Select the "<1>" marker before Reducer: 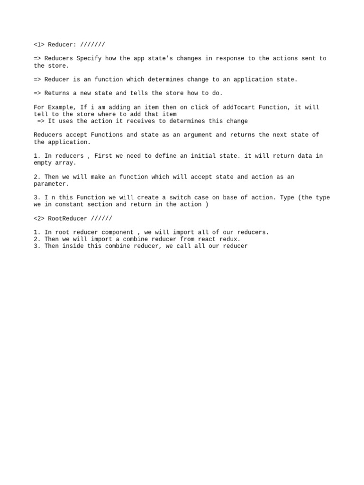tap(39, 45)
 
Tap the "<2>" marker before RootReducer tap(39, 219)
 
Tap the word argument tap(196, 135)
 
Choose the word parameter tap(50, 184)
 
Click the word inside tap(73, 246)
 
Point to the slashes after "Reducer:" tap(92, 45)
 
